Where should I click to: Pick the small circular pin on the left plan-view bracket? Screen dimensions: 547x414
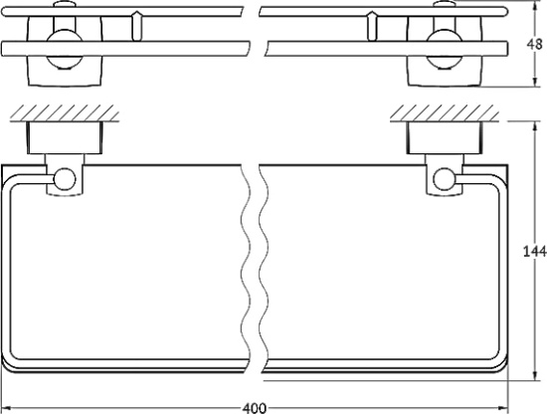[66, 180]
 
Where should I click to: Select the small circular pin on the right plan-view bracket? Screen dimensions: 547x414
[445, 180]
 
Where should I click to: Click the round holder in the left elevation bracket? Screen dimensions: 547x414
[63, 45]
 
